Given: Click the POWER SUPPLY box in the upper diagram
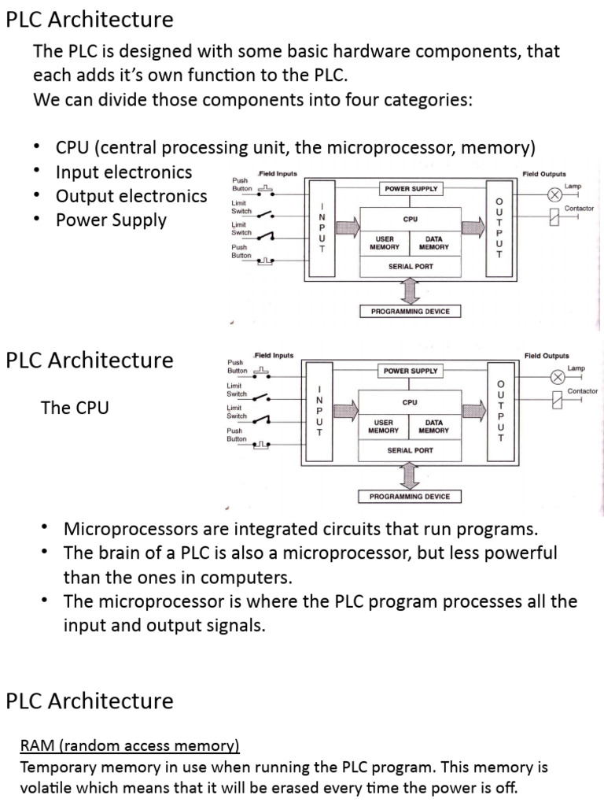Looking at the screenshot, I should click(411, 189).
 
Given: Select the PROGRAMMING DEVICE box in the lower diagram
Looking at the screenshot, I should click(410, 497).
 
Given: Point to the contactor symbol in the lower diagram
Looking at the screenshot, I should click(556, 401).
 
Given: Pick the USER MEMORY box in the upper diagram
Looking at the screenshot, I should click(385, 243).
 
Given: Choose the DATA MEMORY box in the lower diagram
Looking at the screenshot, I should click(434, 427).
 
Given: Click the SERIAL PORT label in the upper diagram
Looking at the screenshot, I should click(411, 267).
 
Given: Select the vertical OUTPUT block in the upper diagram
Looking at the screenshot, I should click(497, 227).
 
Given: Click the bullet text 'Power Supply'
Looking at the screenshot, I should click(111, 220).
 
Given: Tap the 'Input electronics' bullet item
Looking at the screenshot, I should click(123, 172).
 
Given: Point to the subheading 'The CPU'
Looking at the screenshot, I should click(75, 408).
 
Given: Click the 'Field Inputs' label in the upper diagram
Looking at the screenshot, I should click(277, 173).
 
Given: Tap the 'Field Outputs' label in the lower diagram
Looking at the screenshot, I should click(547, 356).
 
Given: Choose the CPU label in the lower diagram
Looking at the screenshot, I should click(410, 402).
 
